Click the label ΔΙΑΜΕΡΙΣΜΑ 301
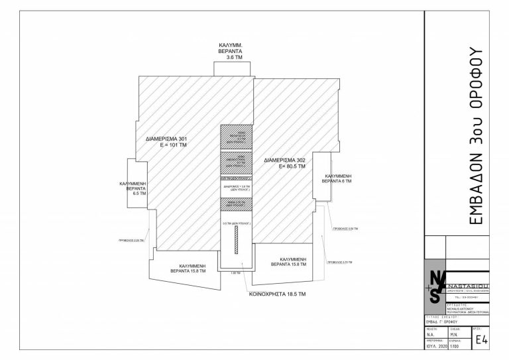coord(167,139)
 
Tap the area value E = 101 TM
coord(170,145)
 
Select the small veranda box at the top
coord(233,69)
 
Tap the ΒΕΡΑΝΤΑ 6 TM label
coord(337,181)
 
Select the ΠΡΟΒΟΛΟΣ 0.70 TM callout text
coord(338,263)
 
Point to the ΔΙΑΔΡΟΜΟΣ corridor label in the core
coord(237,187)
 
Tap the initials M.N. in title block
coord(455,335)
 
